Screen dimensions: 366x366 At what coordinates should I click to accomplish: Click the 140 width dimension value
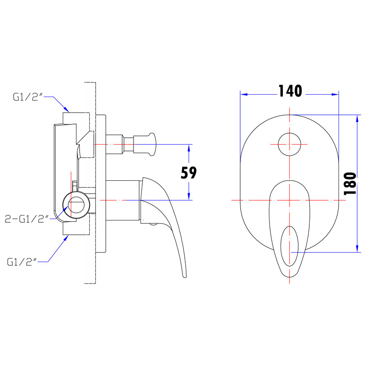coord(290,91)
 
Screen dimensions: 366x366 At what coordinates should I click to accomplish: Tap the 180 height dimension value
coord(350,183)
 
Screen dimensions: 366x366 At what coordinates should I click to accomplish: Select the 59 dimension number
coord(188,173)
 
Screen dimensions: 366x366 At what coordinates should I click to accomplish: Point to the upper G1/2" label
coord(28,97)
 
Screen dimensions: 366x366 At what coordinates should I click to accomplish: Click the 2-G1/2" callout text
coord(27,219)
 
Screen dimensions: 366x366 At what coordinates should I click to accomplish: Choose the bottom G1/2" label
coord(22,262)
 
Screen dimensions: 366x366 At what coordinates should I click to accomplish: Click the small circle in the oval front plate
coord(290,144)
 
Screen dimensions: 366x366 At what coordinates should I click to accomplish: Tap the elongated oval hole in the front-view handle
coord(290,246)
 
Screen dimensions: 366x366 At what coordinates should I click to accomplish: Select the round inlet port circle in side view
coord(76,205)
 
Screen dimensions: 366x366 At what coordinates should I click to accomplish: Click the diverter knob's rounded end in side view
coord(151,144)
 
